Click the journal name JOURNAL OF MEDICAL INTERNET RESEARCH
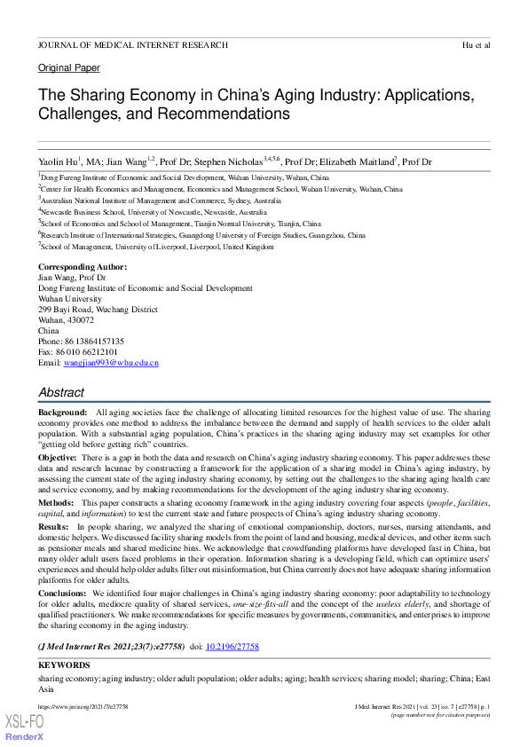(133, 44)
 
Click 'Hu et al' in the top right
(476, 44)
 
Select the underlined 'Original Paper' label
(69, 67)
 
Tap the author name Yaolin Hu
(57, 162)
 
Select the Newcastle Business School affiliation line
(154, 212)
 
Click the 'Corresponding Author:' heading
(83, 267)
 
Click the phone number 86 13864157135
(93, 342)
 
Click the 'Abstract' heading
(61, 392)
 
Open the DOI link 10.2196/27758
(232, 648)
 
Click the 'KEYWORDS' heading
(64, 664)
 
